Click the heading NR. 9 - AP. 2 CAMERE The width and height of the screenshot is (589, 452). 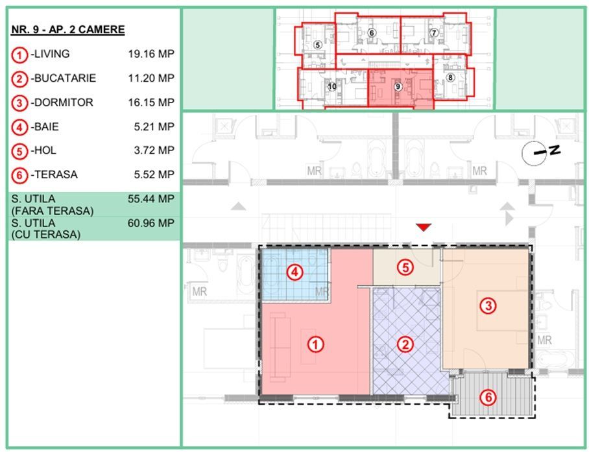point(68,30)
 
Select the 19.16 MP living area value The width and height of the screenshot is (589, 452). point(151,54)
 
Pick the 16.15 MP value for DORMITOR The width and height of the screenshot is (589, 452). point(151,102)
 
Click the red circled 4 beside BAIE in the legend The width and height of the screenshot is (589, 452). point(19,128)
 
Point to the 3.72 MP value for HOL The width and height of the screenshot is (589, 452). point(154,150)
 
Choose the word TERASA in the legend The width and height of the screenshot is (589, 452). point(56,174)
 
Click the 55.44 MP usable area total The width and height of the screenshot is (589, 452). point(151,198)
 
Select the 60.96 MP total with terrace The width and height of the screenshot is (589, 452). point(151,223)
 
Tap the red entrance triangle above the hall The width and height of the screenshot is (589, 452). point(424,227)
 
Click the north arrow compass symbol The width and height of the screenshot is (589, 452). point(541,152)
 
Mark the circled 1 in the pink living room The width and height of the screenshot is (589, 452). point(315,344)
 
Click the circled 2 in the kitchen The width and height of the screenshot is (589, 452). point(405,344)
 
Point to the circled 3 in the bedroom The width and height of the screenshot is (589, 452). point(488,305)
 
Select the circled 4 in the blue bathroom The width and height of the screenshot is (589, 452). point(295,272)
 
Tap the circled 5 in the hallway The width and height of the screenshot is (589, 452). point(405,267)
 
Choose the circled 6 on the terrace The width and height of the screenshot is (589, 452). point(488,397)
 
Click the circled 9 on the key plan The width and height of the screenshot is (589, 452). point(398,87)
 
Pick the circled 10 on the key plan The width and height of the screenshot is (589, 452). point(332,87)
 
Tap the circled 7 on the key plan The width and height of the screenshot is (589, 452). point(434,33)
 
